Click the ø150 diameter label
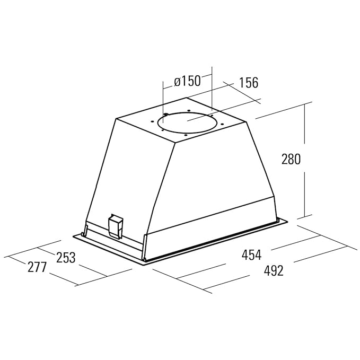[x=187, y=81]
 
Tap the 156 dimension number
[x=248, y=83]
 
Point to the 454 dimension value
[x=251, y=255]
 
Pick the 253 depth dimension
[x=66, y=258]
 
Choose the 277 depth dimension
[x=37, y=267]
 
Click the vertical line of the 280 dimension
[x=305, y=159]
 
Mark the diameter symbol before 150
[x=177, y=82]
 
